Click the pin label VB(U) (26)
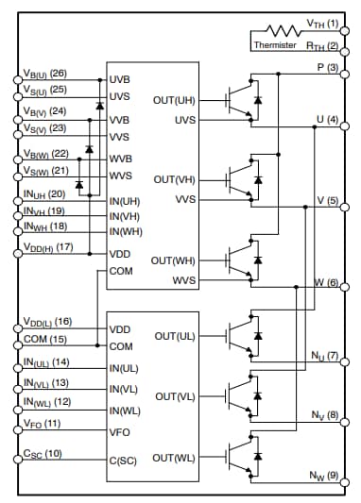coord(44,74)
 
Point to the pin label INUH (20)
coord(43,193)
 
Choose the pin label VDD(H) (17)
coord(47,247)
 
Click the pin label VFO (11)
coord(41,424)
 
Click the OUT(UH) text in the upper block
coord(174,100)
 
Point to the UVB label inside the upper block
coord(120,79)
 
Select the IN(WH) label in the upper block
coord(126,232)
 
